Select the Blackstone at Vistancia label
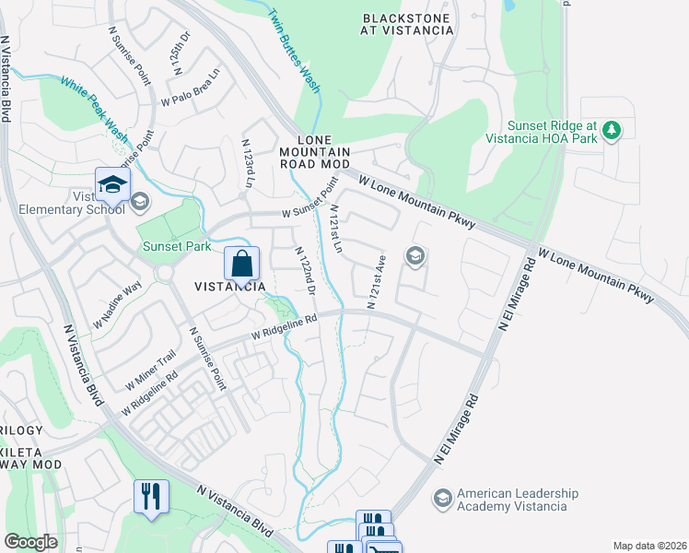tap(408, 24)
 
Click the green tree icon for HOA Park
tap(611, 131)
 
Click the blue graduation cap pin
tap(111, 185)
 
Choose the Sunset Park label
tap(177, 247)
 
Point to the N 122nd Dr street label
tap(305, 271)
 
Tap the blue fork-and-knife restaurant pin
tap(149, 496)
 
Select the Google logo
tap(30, 542)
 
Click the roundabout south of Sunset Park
tap(166, 274)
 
